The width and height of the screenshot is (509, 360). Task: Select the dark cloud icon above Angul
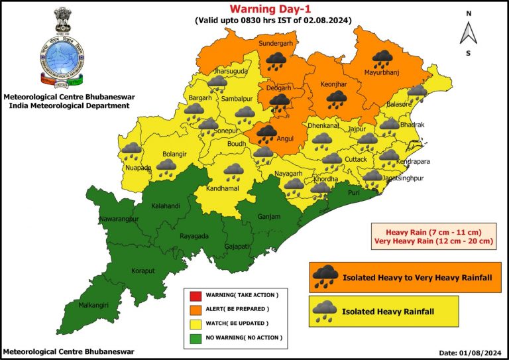tap(266, 134)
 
